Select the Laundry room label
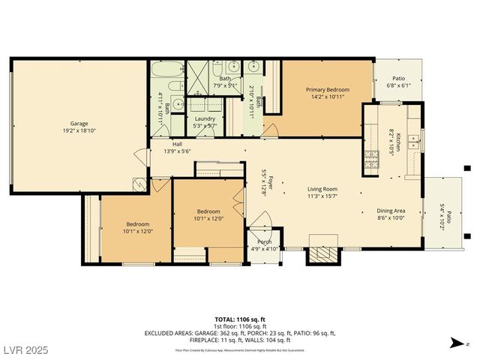(x=205, y=118)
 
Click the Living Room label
(x=322, y=189)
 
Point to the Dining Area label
(x=390, y=211)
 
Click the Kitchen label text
(x=399, y=141)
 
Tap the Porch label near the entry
(x=264, y=241)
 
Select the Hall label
(x=177, y=144)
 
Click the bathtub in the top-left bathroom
(x=163, y=71)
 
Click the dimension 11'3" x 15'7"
(x=322, y=196)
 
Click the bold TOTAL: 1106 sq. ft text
(x=240, y=319)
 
